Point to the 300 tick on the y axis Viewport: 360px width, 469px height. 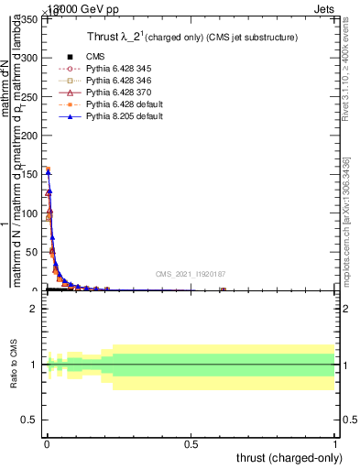(31, 58)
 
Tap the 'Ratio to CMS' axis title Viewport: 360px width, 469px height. (14, 365)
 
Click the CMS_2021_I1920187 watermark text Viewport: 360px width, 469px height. (190, 274)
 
